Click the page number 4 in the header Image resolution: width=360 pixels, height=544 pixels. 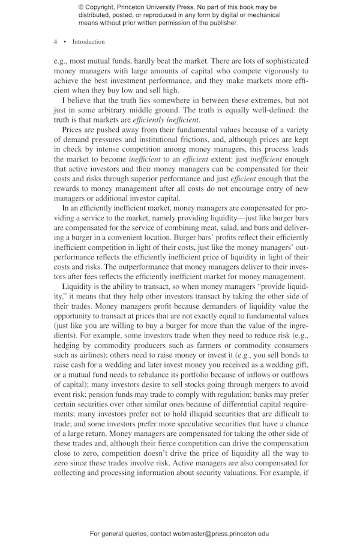56,42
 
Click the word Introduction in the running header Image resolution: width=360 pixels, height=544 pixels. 88,42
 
